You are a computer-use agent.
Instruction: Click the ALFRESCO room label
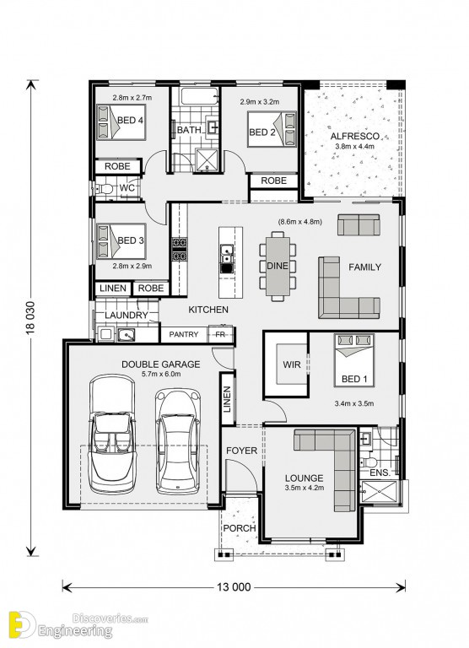pyautogui.click(x=354, y=136)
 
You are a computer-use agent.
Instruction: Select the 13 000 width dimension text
pyautogui.click(x=234, y=587)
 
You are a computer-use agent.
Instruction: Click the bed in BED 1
pyautogui.click(x=354, y=360)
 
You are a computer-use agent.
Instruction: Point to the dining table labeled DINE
pyautogui.click(x=278, y=266)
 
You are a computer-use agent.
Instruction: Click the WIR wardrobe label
pyautogui.click(x=292, y=364)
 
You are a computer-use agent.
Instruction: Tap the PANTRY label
pyautogui.click(x=184, y=334)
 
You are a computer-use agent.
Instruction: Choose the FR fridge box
pyautogui.click(x=221, y=334)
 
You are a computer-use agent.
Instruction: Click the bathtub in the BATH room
pyautogui.click(x=199, y=96)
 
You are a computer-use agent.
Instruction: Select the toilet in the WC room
pyautogui.click(x=104, y=189)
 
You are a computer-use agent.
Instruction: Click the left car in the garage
pyautogui.click(x=112, y=434)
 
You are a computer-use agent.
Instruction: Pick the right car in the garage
pyautogui.click(x=178, y=440)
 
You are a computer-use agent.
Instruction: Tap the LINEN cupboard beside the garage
pyautogui.click(x=227, y=399)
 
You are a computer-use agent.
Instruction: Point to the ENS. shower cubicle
pyautogui.click(x=379, y=492)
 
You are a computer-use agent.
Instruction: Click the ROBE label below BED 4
pyautogui.click(x=117, y=166)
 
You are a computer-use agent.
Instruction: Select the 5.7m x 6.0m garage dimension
pyautogui.click(x=161, y=375)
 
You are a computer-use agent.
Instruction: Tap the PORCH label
pyautogui.click(x=240, y=528)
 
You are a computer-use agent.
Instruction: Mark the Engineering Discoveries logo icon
pyautogui.click(x=21, y=624)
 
